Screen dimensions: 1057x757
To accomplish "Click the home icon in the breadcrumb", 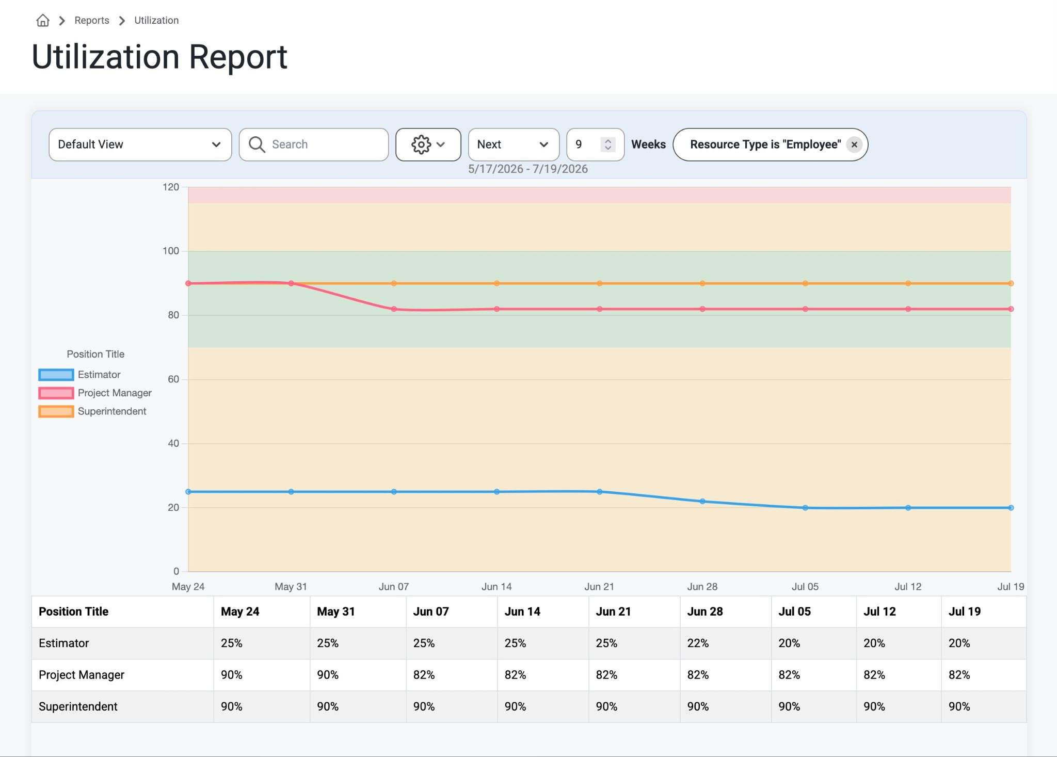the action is (43, 20).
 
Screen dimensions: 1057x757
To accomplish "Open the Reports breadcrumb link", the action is (92, 20).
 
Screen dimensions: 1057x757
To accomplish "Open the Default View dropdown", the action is (140, 144).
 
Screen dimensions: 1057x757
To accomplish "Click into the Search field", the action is (314, 144).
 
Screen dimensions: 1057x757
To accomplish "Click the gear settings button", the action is (428, 144).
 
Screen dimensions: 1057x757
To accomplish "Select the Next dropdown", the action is (514, 144).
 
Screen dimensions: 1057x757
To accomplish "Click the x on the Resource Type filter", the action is (854, 144).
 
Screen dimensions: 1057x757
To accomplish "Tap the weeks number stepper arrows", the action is (608, 144).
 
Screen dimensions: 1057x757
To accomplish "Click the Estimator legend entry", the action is (79, 375).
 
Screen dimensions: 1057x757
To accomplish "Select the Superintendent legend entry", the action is (92, 411).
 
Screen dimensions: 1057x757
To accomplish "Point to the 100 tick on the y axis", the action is (171, 251).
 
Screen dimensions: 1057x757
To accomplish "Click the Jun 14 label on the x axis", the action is (497, 587).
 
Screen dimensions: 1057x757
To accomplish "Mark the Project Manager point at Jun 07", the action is (394, 309).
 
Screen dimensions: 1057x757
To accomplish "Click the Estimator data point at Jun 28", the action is (702, 502).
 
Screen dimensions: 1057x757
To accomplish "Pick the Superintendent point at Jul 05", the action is (805, 283).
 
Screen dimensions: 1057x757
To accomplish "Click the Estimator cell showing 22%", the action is (698, 643).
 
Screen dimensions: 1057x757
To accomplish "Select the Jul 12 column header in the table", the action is (879, 611).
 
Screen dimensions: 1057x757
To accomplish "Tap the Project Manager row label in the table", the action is (82, 675).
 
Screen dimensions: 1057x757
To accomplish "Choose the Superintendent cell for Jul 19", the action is (959, 707).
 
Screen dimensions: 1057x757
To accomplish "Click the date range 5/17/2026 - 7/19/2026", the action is (528, 169).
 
